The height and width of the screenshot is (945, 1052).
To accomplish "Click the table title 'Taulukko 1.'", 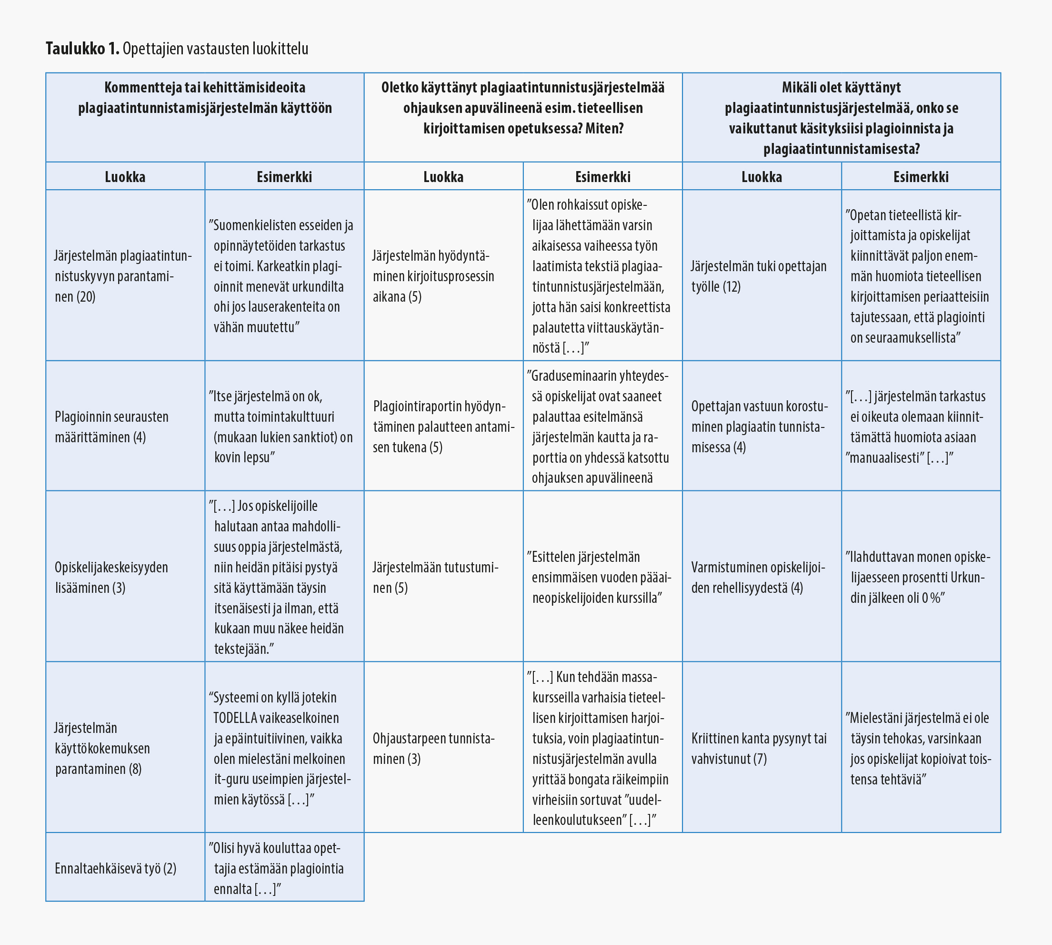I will [x=82, y=49].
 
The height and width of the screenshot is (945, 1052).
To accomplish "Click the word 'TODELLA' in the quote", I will [x=235, y=718].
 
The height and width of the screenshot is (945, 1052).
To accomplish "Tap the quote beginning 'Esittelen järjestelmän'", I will [x=600, y=577].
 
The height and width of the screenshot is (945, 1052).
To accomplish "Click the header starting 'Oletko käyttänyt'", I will [x=522, y=108].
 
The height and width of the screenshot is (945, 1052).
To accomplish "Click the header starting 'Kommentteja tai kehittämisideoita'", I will [x=204, y=98].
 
